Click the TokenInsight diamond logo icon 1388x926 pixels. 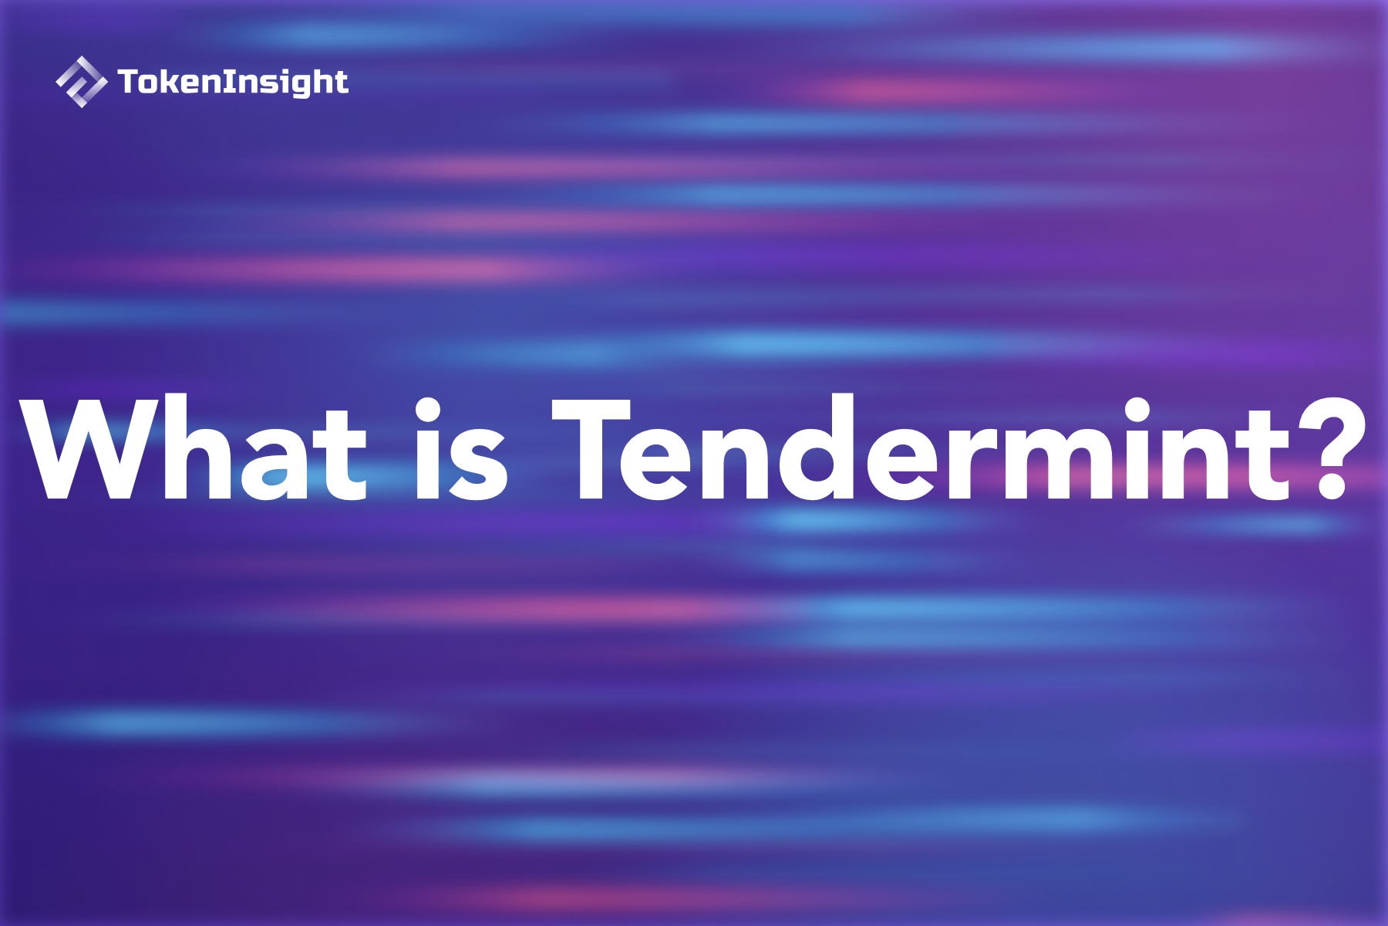click(x=81, y=82)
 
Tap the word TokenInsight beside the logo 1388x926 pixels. click(x=233, y=82)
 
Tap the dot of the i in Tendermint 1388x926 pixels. click(x=1137, y=411)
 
